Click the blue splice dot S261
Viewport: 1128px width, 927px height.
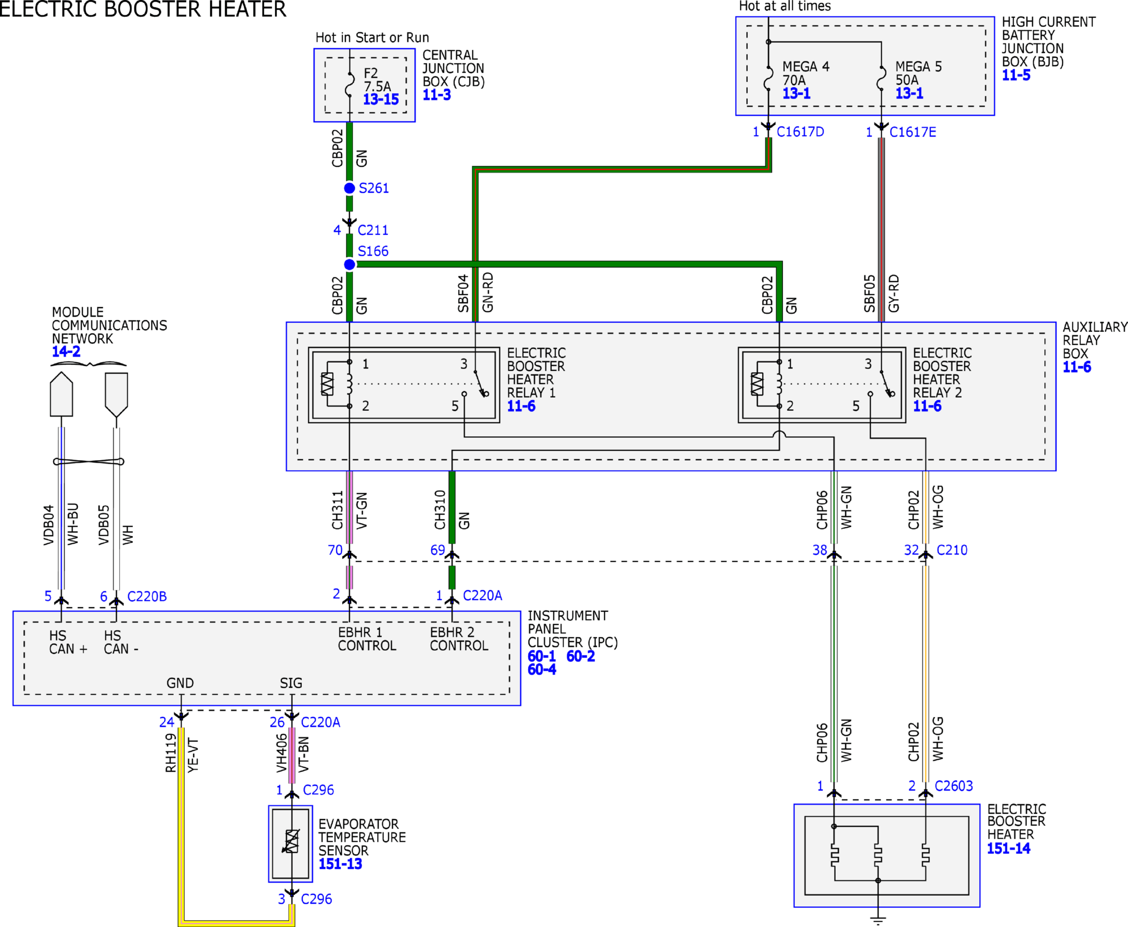[x=350, y=188]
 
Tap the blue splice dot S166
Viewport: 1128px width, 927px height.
[x=350, y=264]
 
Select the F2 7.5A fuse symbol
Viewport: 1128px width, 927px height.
[x=350, y=84]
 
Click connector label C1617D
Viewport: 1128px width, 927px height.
[x=800, y=132]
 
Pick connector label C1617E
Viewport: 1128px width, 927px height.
[x=913, y=132]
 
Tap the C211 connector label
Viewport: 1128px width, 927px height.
[x=373, y=230]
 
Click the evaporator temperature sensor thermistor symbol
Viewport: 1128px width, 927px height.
[x=291, y=842]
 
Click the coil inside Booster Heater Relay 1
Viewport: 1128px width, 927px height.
[x=350, y=384]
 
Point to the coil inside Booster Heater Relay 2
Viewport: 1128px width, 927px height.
[x=779, y=384]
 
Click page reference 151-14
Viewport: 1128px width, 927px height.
[x=1008, y=849]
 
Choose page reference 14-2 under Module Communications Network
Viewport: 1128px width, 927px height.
[x=66, y=352]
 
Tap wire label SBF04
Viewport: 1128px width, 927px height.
[x=463, y=293]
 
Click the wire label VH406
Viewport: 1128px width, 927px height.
[x=281, y=753]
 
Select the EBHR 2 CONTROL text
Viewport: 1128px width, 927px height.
[x=459, y=639]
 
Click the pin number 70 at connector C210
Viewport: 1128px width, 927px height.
[x=335, y=550]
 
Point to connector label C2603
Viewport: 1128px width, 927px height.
[x=954, y=786]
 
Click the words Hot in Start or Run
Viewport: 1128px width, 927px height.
[x=372, y=38]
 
